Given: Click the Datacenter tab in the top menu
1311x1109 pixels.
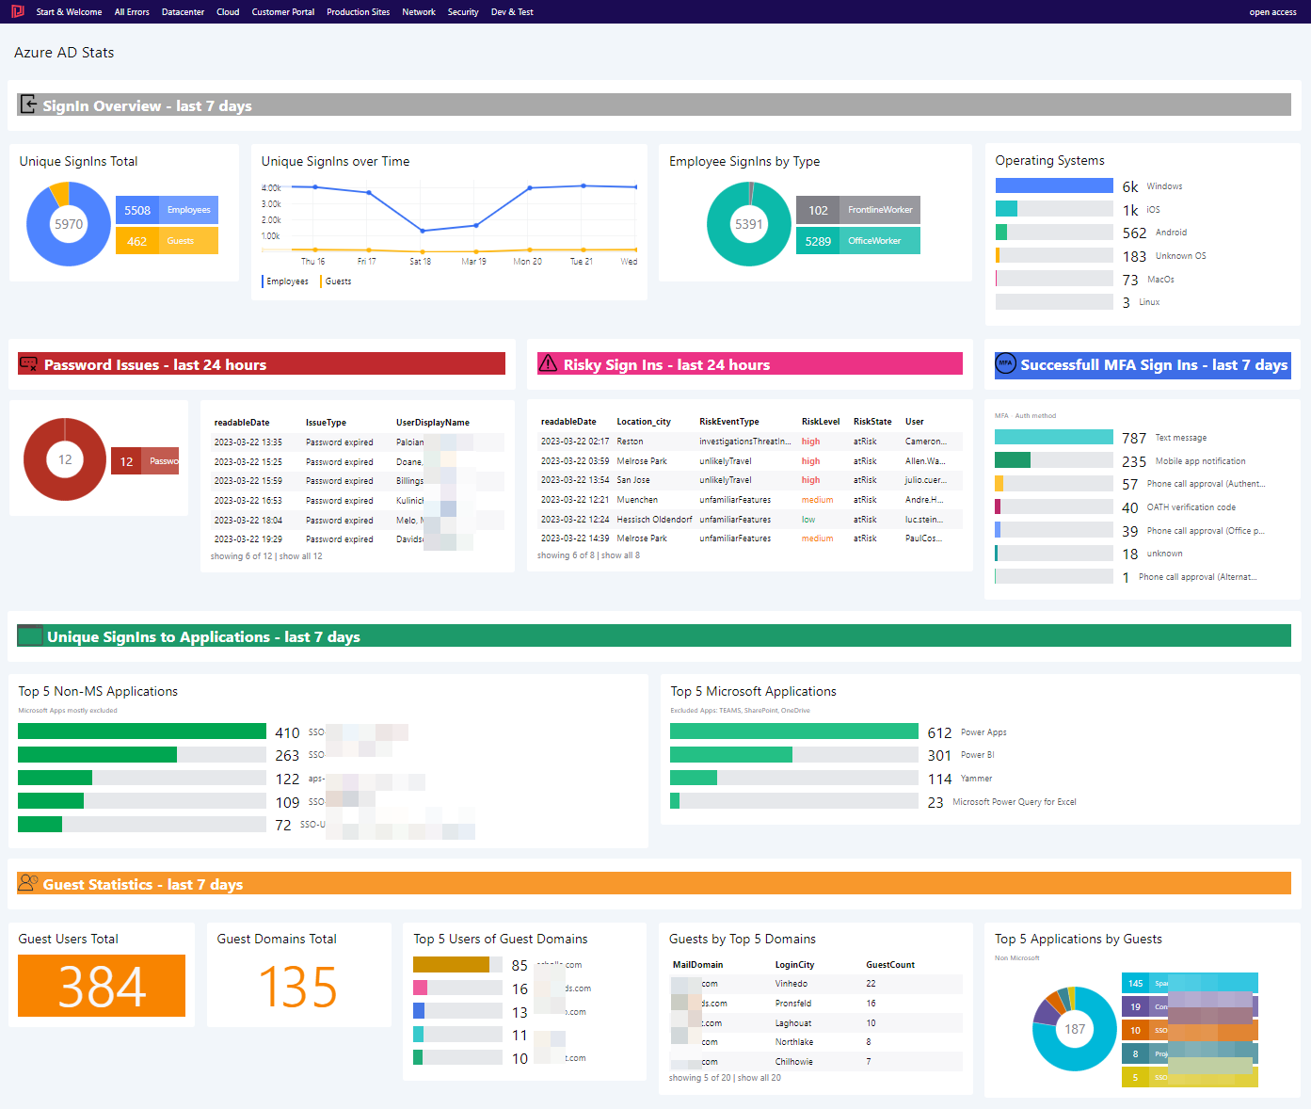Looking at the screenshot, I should (x=183, y=12).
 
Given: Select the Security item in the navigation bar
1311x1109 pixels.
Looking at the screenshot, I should (x=463, y=12).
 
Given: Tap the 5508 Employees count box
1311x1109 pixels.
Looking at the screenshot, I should (x=167, y=210).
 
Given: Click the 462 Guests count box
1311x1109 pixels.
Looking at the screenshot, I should (x=167, y=241).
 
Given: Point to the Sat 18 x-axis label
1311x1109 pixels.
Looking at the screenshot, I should (x=420, y=262).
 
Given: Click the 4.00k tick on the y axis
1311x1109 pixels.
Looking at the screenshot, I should (x=271, y=188).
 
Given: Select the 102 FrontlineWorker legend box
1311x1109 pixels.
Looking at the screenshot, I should (x=857, y=210).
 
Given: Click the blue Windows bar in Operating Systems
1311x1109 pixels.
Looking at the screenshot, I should (x=1054, y=185).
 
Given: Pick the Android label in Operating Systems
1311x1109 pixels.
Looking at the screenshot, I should (x=1171, y=233).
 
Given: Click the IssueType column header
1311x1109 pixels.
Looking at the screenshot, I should (x=326, y=423).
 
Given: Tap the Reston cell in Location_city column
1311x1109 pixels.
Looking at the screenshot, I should (x=630, y=442).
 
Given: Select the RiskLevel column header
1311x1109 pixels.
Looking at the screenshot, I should (x=821, y=422).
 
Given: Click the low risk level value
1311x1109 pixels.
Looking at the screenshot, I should (x=808, y=520).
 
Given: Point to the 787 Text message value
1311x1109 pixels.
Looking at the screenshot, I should (x=1134, y=438).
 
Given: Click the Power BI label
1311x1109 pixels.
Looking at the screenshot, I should (x=977, y=755).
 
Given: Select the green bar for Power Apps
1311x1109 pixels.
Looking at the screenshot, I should (x=793, y=731).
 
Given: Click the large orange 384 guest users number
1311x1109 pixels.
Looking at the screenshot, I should (x=102, y=987).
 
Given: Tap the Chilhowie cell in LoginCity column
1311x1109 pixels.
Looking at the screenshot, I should (x=793, y=1062).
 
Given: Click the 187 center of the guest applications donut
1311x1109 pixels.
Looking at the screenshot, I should (x=1075, y=1029).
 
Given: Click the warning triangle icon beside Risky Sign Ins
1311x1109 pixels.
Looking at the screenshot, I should (x=548, y=363).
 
